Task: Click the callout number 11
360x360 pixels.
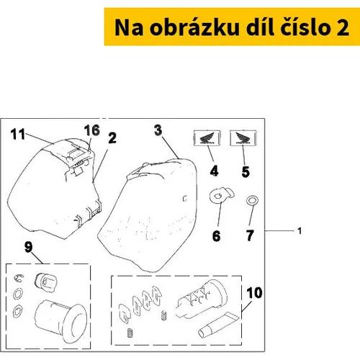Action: pyautogui.click(x=18, y=134)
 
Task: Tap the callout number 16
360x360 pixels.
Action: pyautogui.click(x=92, y=130)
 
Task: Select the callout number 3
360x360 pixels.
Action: pyautogui.click(x=158, y=130)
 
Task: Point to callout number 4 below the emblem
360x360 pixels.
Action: pyautogui.click(x=214, y=171)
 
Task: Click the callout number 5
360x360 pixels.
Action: pyautogui.click(x=246, y=172)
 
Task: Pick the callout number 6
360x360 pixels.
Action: pyautogui.click(x=216, y=235)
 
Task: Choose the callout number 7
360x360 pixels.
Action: pyautogui.click(x=250, y=235)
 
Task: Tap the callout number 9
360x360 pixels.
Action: pyautogui.click(x=28, y=247)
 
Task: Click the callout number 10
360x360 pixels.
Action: pyautogui.click(x=254, y=293)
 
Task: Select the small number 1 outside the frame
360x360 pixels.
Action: pyautogui.click(x=300, y=231)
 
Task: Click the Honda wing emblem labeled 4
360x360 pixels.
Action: pyautogui.click(x=207, y=138)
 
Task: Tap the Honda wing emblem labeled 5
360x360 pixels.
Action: pyautogui.click(x=243, y=138)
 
